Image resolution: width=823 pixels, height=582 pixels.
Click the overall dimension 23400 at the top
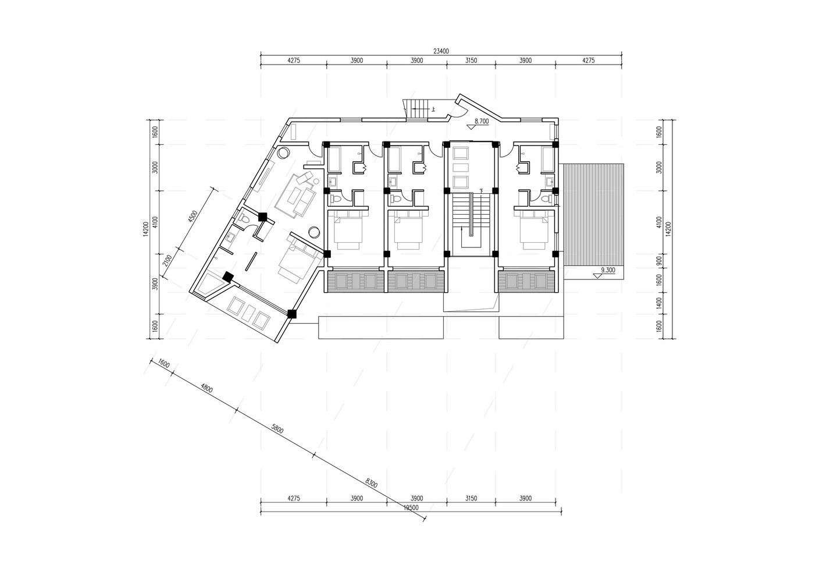[x=441, y=51]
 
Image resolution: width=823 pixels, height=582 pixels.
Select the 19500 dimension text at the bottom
[x=411, y=508]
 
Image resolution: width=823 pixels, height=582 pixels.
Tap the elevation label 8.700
[x=482, y=120]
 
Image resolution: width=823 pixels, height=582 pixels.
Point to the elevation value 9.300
[x=608, y=270]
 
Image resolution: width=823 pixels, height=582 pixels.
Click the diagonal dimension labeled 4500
[x=192, y=217]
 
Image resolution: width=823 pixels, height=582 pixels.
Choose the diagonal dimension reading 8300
[x=372, y=482]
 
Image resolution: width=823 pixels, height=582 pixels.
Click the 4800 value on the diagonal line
[x=206, y=388]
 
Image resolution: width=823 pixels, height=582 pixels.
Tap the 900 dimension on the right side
[x=659, y=261]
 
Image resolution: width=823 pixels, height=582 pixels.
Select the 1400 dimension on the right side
[x=659, y=303]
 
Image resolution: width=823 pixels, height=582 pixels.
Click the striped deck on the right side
[x=593, y=215]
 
